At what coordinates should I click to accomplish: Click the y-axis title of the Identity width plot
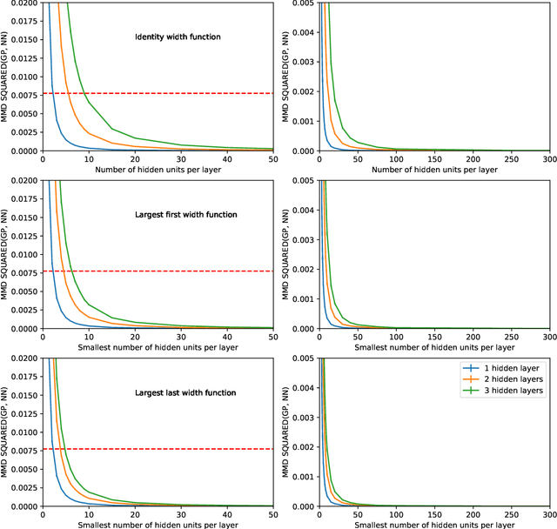coord(7,77)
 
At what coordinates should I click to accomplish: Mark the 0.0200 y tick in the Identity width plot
coord(24,4)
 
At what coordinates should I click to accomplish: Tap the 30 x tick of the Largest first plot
coord(180,338)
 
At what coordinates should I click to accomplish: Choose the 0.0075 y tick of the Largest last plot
coord(24,450)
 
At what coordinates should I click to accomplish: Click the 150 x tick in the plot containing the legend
coord(433,515)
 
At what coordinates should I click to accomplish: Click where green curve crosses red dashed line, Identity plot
coord(84,93)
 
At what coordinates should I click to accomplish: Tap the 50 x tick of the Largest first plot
coord(272,338)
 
